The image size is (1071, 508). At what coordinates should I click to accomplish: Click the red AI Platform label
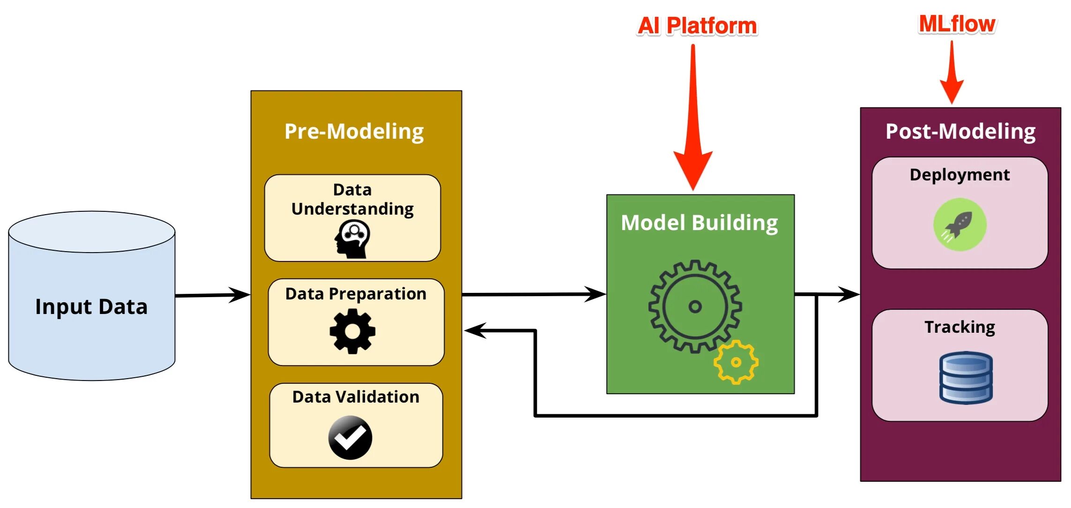tap(697, 26)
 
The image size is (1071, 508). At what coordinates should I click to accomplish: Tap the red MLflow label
tap(957, 24)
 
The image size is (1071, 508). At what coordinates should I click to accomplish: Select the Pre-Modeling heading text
tap(354, 131)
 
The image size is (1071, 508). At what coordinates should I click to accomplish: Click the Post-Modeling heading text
tap(960, 131)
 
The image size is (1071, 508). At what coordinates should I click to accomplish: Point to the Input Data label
tap(91, 306)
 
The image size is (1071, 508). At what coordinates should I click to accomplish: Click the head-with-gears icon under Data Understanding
tap(352, 239)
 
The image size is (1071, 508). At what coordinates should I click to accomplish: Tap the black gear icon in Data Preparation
tap(352, 331)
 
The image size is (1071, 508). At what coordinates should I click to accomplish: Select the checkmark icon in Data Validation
tap(350, 437)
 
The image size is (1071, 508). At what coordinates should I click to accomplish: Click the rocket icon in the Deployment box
tap(959, 224)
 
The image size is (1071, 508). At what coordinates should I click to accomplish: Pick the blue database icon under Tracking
tap(966, 378)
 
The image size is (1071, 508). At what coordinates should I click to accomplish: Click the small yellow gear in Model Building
tap(736, 362)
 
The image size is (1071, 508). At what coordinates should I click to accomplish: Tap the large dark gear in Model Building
tap(695, 306)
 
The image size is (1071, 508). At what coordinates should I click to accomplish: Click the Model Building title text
tap(699, 223)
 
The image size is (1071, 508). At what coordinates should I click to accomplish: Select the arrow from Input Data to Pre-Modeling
tap(213, 295)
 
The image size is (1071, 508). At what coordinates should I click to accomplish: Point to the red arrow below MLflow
tap(952, 75)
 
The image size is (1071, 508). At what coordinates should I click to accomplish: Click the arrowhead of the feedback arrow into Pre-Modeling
tap(474, 330)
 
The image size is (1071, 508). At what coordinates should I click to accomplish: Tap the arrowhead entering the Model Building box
tap(595, 294)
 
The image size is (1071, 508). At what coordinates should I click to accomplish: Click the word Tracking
tap(959, 327)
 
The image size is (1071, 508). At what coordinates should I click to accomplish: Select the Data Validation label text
tap(356, 397)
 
